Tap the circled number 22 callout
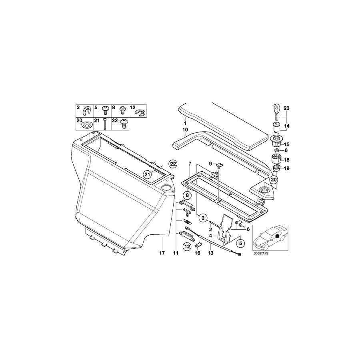(x=172, y=164)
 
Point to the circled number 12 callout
(x=187, y=247)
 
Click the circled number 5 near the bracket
(x=240, y=243)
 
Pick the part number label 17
(x=162, y=253)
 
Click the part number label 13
(x=210, y=253)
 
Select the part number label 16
(x=197, y=253)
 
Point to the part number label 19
(x=286, y=168)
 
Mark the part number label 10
(x=185, y=130)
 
